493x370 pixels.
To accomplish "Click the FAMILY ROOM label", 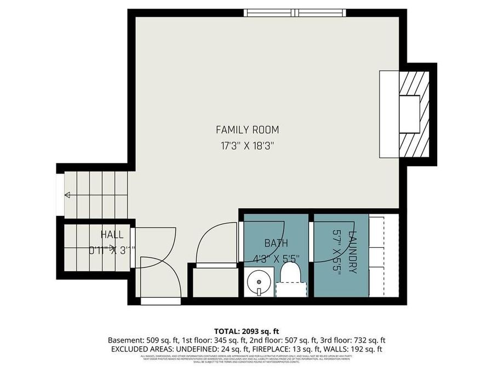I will coord(247,130).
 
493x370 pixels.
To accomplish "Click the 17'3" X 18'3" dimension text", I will coord(247,146).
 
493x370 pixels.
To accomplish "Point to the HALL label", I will coord(112,235).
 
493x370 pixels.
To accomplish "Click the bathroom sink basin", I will coord(255,284).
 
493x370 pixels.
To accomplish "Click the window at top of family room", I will coord(296,12).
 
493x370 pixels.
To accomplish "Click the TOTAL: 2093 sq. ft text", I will coord(246,331).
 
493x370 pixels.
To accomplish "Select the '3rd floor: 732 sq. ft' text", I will coord(356,340).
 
